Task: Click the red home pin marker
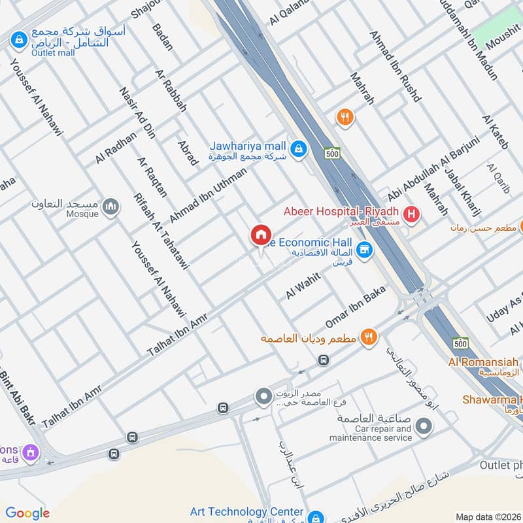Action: [x=260, y=235]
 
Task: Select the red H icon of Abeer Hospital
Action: [x=411, y=214]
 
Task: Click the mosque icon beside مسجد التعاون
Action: [x=112, y=207]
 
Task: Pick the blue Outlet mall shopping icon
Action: [x=18, y=41]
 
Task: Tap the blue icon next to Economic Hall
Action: [x=365, y=249]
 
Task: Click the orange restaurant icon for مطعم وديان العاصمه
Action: [x=369, y=337]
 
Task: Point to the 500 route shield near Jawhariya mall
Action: [x=331, y=153]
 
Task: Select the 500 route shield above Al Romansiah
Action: [x=460, y=343]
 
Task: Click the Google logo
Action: [x=27, y=513]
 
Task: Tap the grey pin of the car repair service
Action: [x=424, y=427]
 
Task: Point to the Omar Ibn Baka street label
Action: [x=356, y=307]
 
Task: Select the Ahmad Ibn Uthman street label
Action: [x=208, y=195]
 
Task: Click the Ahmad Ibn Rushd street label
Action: [x=395, y=67]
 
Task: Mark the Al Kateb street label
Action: [x=495, y=131]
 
